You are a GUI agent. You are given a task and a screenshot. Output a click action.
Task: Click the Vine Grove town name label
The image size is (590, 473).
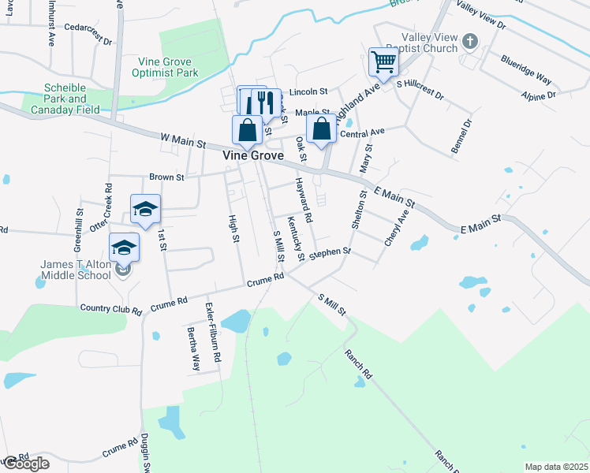[252, 155]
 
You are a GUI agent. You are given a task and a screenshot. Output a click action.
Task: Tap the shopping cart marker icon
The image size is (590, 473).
[383, 61]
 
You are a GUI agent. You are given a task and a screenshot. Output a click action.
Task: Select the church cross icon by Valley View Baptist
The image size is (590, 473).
[469, 40]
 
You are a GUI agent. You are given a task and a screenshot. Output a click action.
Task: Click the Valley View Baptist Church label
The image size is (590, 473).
[429, 43]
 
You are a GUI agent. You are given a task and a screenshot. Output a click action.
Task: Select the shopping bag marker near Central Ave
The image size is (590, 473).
[322, 128]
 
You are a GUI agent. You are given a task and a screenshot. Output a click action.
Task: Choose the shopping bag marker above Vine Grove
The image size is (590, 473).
[247, 130]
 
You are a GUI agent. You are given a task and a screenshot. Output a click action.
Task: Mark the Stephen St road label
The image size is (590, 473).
[330, 254]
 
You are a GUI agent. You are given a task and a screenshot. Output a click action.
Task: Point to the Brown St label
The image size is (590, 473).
[166, 177]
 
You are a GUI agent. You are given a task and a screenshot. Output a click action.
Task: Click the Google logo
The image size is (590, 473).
[25, 464]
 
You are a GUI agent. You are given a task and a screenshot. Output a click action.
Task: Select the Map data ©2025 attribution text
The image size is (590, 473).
[556, 467]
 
